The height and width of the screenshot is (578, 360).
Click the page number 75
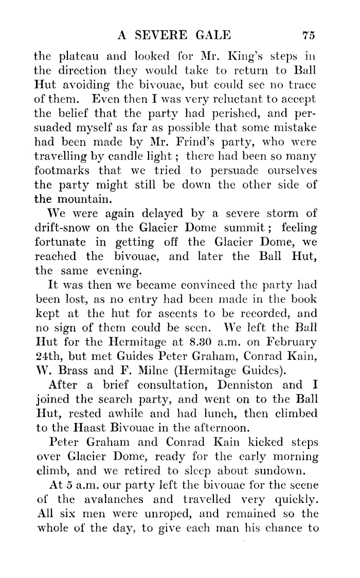coord(308,36)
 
